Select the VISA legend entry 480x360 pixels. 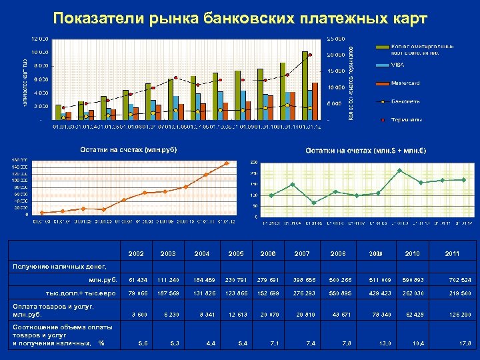tap(397, 65)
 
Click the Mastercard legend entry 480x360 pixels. tap(405, 83)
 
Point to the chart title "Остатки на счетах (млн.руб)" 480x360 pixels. tap(129, 151)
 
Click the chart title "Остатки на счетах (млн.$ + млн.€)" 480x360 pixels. tap(366, 151)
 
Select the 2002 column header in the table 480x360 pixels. tap(135, 253)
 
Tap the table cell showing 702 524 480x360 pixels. tap(460, 280)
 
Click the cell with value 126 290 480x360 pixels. tap(460, 314)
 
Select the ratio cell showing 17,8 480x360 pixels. tap(465, 343)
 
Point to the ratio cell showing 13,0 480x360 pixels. tap(384, 343)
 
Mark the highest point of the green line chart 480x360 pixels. tap(399, 171)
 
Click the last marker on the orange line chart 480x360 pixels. tap(227, 163)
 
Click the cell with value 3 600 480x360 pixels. tap(139, 314)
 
